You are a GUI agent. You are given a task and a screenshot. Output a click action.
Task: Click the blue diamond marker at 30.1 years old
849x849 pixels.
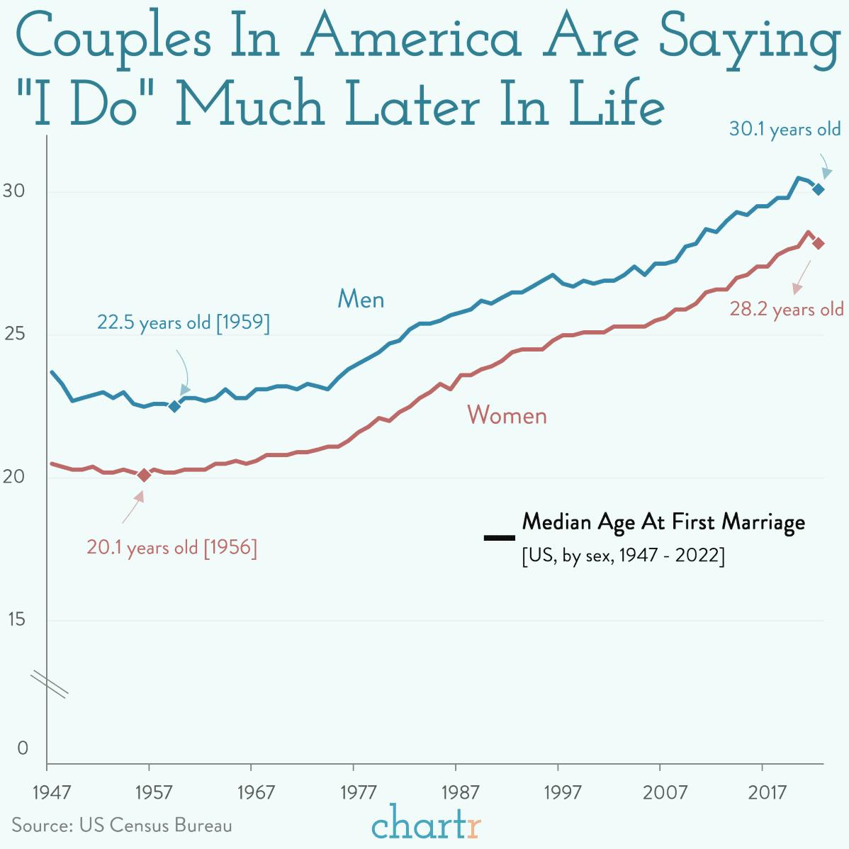(818, 189)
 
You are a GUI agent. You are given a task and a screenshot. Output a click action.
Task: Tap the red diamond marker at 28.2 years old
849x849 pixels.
(818, 243)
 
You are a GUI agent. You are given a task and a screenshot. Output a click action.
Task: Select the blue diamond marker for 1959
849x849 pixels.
(174, 406)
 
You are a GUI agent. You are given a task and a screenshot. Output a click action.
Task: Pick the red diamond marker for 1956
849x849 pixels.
(144, 475)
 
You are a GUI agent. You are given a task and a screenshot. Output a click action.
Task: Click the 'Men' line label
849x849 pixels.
(361, 299)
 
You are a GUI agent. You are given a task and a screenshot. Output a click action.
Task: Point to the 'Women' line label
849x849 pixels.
(507, 415)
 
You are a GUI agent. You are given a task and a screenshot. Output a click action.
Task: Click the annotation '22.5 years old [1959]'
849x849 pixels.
(183, 322)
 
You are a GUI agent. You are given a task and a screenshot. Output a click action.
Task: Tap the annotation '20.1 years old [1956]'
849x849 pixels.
(172, 547)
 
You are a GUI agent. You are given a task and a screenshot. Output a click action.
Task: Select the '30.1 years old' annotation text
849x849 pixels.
(785, 129)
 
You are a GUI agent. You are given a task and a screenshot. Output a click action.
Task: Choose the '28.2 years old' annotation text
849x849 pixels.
(787, 309)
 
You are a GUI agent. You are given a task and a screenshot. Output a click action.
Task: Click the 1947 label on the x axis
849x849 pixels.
(52, 792)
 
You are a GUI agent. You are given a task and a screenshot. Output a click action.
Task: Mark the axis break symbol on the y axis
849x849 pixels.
(48, 685)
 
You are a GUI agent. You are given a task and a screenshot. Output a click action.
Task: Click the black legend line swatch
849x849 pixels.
(499, 538)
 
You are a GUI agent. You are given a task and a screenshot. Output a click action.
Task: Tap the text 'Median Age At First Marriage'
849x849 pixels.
(663, 522)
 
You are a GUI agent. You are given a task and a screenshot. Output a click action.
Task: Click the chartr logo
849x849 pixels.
(426, 824)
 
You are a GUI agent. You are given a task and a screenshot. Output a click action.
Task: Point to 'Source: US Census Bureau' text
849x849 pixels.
(121, 825)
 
